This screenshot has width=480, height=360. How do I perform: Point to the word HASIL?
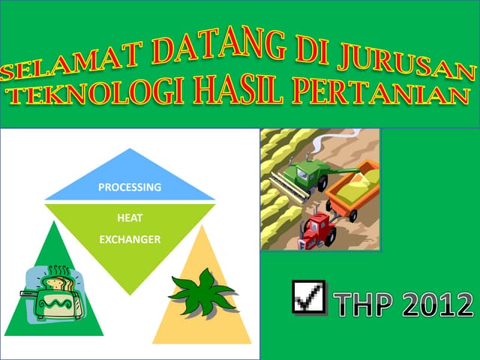click(x=239, y=91)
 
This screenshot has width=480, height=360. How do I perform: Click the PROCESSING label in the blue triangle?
click(x=130, y=187)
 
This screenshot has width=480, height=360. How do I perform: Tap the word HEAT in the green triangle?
click(x=130, y=218)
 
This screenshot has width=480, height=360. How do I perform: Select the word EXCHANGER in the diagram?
click(x=130, y=240)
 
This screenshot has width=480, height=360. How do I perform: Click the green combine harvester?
click(x=307, y=172)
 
